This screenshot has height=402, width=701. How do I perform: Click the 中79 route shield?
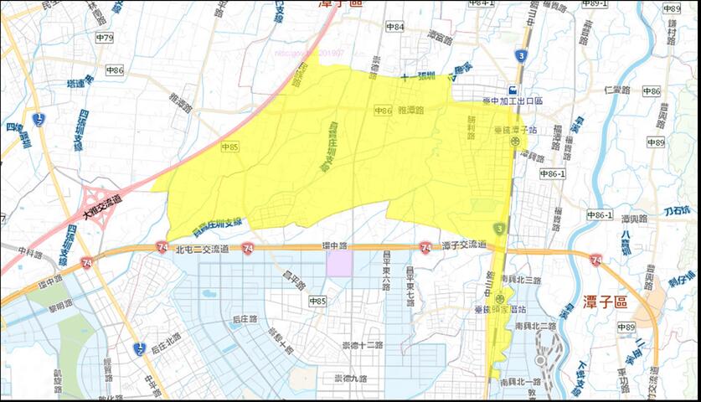pyautogui.click(x=105, y=38)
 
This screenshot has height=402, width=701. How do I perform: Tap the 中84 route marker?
pyautogui.click(x=395, y=27)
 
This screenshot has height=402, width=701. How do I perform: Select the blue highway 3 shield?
pyautogui.click(x=522, y=55)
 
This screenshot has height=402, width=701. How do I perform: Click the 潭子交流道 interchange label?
pyautogui.click(x=464, y=245)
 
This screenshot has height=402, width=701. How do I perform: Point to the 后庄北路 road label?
pyautogui.click(x=167, y=346)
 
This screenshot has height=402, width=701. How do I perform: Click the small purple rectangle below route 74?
pyautogui.click(x=338, y=262)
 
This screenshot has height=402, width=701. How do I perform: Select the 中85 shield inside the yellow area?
pyautogui.click(x=230, y=147)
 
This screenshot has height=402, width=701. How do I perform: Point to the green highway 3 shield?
pyautogui.click(x=499, y=229)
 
